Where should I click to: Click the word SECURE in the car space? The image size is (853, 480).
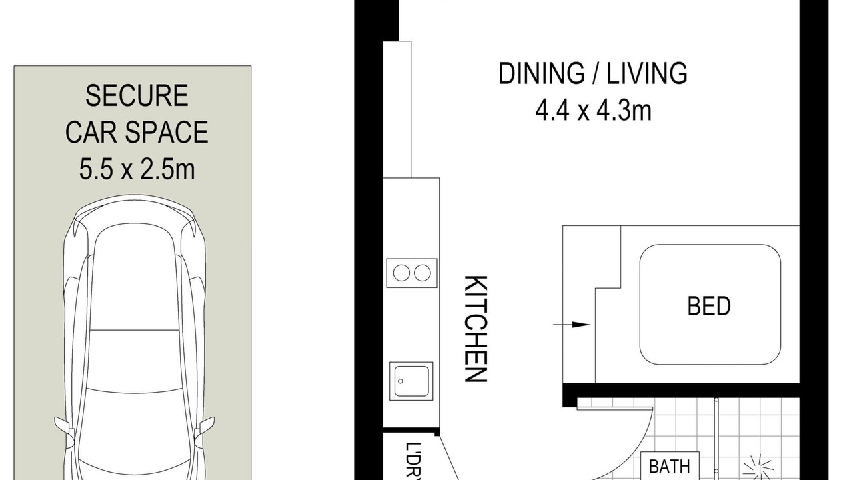coord(137,95)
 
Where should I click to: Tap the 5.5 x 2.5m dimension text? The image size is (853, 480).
coord(137,169)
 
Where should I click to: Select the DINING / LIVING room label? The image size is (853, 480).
coord(593,73)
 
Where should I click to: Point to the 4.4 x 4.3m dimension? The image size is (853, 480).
coord(593,111)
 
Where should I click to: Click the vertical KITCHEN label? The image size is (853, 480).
coord(476,329)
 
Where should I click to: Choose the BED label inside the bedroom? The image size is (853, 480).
coord(709,306)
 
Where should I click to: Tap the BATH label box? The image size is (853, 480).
coord(670,466)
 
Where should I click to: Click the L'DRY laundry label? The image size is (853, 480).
coord(413,461)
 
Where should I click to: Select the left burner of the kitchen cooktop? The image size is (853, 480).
coord(401,273)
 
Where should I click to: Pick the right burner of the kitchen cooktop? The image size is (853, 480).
coord(423,273)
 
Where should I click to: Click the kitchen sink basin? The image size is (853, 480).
coord(411,381)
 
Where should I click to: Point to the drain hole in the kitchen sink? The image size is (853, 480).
coord(401,381)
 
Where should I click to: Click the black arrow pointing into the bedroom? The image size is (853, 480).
coord(572,325)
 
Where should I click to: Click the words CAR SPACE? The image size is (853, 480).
coord(137,132)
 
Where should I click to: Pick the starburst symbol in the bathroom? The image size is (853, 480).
coord(758,468)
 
